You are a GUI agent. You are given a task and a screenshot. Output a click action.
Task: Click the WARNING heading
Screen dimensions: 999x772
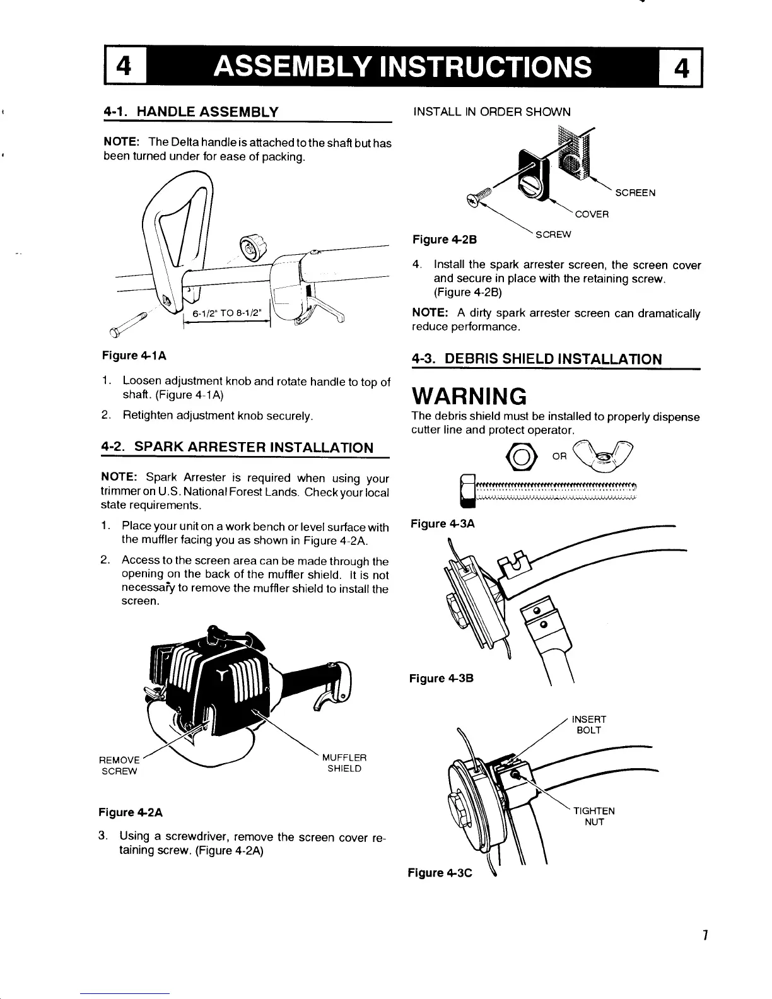(469, 397)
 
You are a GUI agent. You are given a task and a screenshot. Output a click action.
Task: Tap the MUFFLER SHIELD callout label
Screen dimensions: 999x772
(344, 763)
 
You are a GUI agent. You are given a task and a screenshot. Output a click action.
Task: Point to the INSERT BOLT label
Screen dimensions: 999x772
(588, 725)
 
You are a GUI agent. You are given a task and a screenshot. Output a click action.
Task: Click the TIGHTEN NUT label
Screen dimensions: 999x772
(594, 817)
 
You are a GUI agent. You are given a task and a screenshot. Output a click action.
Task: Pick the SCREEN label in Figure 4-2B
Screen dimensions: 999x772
(635, 193)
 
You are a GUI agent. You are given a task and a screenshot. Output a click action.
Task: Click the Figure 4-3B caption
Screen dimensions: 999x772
(441, 679)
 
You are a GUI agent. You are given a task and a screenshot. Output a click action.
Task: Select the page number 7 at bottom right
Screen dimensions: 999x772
(706, 935)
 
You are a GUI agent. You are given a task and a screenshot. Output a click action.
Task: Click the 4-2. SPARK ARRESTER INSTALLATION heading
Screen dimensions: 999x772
(237, 448)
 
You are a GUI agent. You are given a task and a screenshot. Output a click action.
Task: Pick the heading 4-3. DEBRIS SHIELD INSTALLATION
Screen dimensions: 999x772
(537, 359)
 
